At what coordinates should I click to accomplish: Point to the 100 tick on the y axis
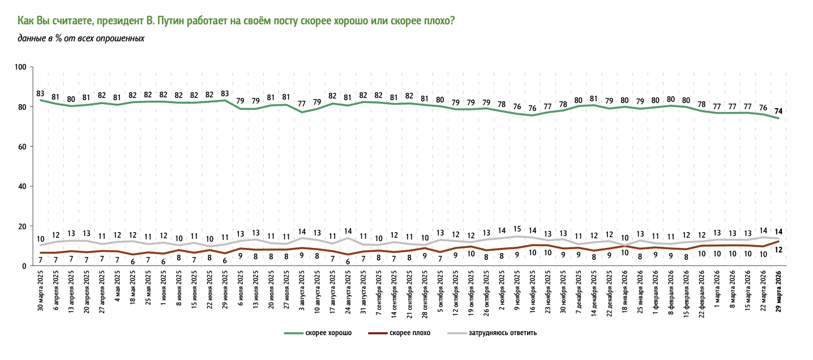click(22, 67)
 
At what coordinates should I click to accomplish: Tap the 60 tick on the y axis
click(23, 147)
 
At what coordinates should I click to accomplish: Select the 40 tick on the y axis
click(23, 186)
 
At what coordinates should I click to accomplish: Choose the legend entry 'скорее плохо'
click(410, 333)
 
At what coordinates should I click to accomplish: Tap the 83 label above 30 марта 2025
click(40, 93)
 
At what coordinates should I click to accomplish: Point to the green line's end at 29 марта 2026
click(778, 118)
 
